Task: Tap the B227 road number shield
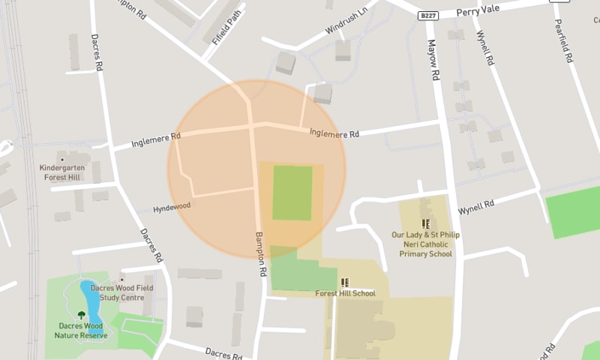click(x=428, y=15)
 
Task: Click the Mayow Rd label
click(x=433, y=60)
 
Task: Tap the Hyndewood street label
click(x=172, y=205)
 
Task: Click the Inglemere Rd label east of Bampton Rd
click(x=334, y=133)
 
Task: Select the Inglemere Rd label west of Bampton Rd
click(x=156, y=139)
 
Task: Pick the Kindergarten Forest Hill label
click(x=63, y=173)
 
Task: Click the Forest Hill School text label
click(x=345, y=293)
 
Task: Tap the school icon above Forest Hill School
click(x=345, y=282)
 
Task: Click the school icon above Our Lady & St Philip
click(x=426, y=223)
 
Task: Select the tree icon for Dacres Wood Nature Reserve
click(x=81, y=315)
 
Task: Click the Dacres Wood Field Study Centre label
click(x=121, y=292)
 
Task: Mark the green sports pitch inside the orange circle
click(x=292, y=193)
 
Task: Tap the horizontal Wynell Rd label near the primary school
click(x=477, y=204)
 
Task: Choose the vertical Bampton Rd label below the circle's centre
click(x=259, y=253)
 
